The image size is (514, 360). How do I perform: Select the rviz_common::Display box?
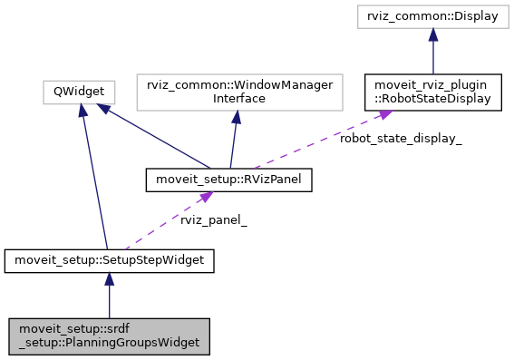tap(433, 17)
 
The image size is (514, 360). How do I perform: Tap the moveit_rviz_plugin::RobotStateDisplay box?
tap(433, 91)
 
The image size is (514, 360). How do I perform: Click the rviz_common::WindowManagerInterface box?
tap(235, 91)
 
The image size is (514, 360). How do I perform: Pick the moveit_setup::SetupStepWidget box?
tap(109, 261)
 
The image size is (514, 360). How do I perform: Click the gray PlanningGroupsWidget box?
tap(109, 336)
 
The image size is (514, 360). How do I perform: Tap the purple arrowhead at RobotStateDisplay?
tap(383, 114)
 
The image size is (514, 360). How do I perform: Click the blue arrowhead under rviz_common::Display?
tap(433, 35)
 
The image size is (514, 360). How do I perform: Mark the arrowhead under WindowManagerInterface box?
tap(235, 115)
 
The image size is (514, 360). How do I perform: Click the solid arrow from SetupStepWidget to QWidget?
tap(95, 181)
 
